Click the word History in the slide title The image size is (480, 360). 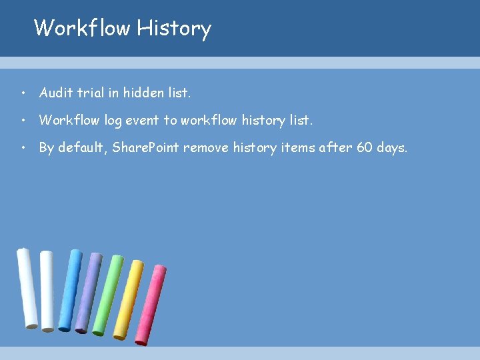click(x=174, y=29)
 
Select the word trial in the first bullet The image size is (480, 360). click(x=91, y=93)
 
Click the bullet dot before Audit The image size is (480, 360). click(x=23, y=93)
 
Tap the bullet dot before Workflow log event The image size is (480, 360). click(x=23, y=121)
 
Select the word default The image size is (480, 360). click(x=82, y=147)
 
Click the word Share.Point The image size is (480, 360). click(x=145, y=147)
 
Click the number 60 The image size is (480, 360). click(x=365, y=147)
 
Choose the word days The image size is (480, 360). click(x=391, y=147)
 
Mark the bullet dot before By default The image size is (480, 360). click(x=23, y=148)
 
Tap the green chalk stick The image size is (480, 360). click(x=108, y=295)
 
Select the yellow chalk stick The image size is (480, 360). click(x=128, y=300)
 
